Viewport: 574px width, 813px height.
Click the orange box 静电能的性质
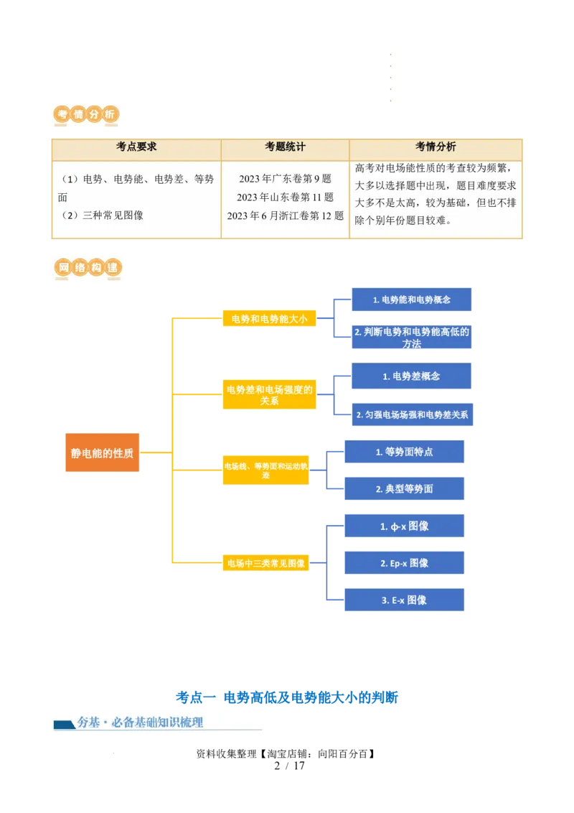(x=102, y=453)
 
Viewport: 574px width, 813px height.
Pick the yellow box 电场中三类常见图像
(x=265, y=563)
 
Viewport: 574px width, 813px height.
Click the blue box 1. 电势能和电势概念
(x=412, y=299)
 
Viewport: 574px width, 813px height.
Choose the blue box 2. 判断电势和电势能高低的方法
(x=412, y=337)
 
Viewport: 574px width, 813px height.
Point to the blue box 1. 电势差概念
(x=411, y=376)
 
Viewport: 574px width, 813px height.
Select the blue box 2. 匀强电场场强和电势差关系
(x=412, y=414)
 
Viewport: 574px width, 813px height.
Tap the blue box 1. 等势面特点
(x=405, y=452)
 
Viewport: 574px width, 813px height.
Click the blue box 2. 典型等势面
(x=405, y=489)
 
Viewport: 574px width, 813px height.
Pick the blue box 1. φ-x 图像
(x=405, y=526)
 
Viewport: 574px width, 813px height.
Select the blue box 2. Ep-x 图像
(x=405, y=563)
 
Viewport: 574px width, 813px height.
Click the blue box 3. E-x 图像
(x=405, y=600)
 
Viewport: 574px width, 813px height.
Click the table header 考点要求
(x=136, y=147)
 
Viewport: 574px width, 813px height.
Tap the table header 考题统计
(x=285, y=147)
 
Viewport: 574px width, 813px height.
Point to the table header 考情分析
(x=436, y=147)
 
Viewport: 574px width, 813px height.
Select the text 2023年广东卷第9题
(x=285, y=179)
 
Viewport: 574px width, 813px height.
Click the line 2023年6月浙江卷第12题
(x=285, y=215)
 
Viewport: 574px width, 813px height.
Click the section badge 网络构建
(x=88, y=269)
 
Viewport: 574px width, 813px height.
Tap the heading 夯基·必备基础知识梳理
(x=141, y=723)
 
